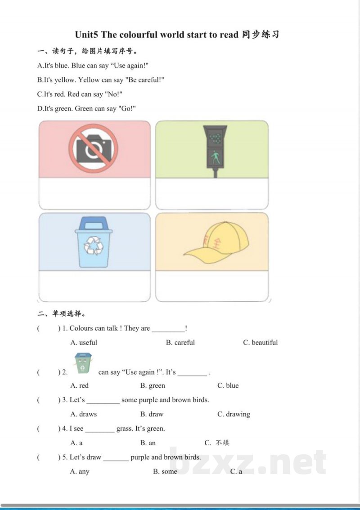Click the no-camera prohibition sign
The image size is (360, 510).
coord(93,148)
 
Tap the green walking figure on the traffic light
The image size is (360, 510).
coord(215,158)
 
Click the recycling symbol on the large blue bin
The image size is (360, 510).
coord(94,245)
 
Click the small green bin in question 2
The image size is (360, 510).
coord(83,363)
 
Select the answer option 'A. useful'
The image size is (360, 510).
coord(84,343)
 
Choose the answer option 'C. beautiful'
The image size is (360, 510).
coord(261,343)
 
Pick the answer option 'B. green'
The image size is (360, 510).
coord(153,385)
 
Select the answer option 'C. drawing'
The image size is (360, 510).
coord(234,414)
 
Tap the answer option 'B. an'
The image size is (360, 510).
coord(148,443)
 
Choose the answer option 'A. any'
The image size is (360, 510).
coord(80,472)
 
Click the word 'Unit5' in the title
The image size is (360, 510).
coord(86,35)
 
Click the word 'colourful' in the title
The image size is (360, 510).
coord(138,35)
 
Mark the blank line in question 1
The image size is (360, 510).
coord(168,331)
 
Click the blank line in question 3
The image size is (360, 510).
coord(103,403)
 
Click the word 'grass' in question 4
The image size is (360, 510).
coord(124,429)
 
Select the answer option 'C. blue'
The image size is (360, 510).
coord(228,385)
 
